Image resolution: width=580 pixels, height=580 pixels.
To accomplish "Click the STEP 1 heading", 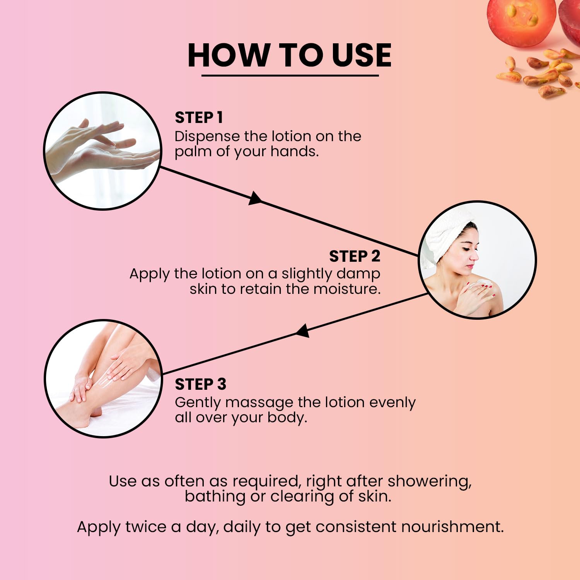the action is click(199, 118).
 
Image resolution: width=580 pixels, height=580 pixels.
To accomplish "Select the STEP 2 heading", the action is click(355, 256).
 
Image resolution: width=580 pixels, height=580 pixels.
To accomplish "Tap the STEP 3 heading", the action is click(200, 384).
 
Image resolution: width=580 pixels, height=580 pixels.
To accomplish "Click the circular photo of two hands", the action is click(102, 151).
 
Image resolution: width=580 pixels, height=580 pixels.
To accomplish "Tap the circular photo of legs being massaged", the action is click(103, 379).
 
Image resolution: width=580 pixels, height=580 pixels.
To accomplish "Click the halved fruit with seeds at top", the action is click(521, 19).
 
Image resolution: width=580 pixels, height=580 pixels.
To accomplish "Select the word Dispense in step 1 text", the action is click(207, 136).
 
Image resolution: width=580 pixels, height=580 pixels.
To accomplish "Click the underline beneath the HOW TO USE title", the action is click(290, 75).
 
